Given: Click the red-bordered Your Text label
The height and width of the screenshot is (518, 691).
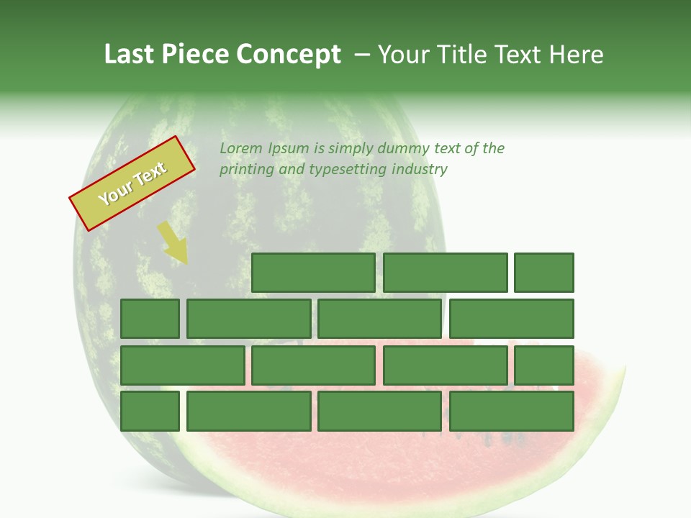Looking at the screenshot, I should (132, 183).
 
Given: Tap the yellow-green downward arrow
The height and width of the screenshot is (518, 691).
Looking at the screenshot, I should (173, 242).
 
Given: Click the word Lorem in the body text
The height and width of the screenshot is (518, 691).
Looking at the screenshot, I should (241, 148).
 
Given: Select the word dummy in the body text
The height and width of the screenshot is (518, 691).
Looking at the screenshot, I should (406, 148).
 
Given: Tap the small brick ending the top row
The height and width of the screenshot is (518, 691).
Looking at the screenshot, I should (544, 273).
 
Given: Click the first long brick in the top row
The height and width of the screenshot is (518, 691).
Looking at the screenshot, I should (313, 273).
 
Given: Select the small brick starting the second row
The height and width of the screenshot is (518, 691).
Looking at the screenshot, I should (150, 319).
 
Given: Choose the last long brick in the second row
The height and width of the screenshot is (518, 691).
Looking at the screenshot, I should (512, 319).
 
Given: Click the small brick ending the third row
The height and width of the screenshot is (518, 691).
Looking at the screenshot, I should (544, 365).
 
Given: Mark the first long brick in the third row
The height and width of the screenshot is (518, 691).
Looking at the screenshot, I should (183, 365).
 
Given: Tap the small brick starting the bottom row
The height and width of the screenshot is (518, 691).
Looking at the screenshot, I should (150, 411).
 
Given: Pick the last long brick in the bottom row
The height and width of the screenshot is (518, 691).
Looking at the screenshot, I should (512, 411).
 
